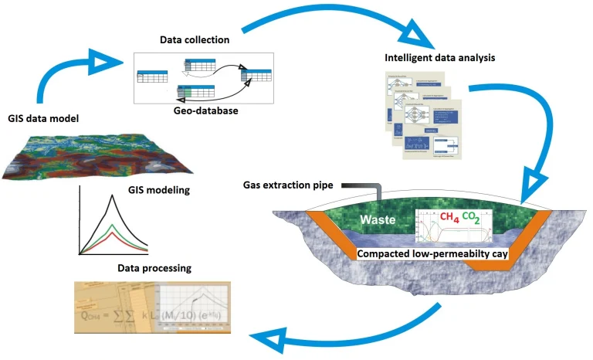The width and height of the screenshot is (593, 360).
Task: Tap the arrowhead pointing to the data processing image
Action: tap(266, 335)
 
